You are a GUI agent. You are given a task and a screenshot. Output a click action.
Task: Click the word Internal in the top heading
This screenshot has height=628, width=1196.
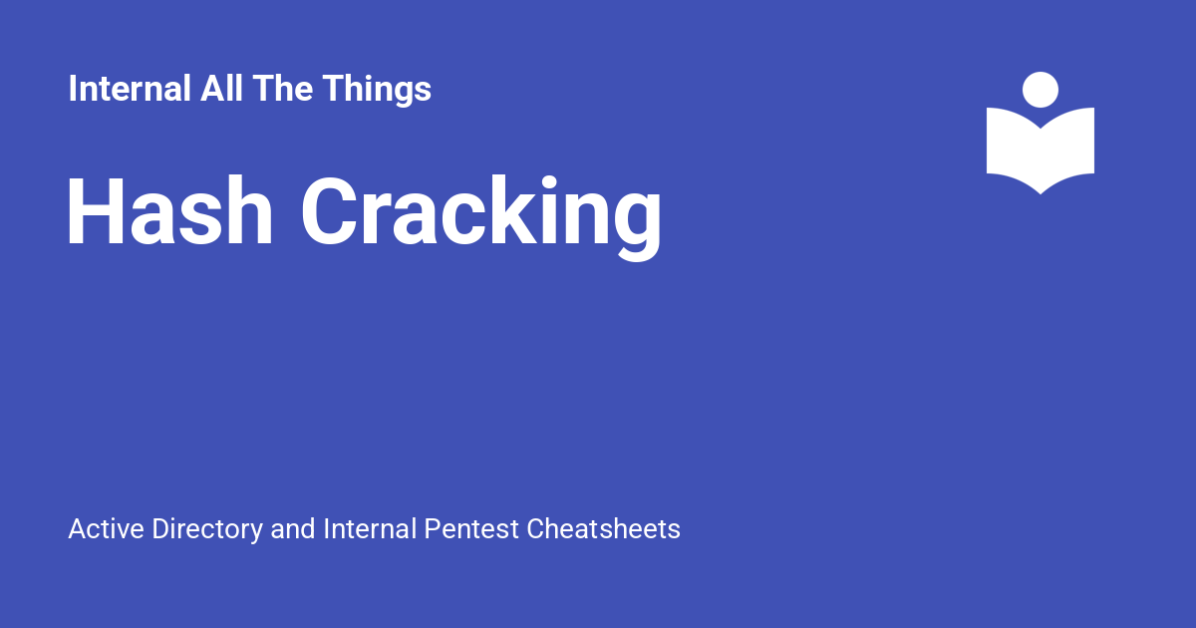tap(130, 88)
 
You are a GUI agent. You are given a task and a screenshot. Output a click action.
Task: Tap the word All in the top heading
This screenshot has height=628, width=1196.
tap(221, 88)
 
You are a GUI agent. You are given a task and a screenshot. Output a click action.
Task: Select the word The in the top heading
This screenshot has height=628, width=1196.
tap(283, 88)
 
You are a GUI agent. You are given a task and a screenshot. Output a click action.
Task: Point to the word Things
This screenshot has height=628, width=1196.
tap(377, 90)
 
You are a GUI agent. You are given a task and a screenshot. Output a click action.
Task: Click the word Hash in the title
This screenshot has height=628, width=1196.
tap(169, 211)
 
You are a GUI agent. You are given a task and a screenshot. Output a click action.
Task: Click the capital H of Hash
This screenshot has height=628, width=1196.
tap(96, 211)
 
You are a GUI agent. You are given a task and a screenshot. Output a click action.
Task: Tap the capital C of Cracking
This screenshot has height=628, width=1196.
tap(329, 211)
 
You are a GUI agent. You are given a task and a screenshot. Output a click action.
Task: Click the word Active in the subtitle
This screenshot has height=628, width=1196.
tap(107, 528)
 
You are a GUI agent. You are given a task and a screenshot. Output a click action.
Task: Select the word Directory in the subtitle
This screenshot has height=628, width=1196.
tap(207, 530)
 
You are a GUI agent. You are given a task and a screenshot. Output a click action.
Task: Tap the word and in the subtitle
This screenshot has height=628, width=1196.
tap(293, 528)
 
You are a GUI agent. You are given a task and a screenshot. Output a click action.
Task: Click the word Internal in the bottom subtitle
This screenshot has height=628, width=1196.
tap(370, 528)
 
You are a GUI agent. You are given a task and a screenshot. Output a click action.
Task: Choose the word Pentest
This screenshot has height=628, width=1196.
tap(471, 528)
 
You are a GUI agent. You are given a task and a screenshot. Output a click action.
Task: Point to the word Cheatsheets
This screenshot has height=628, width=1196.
tap(603, 528)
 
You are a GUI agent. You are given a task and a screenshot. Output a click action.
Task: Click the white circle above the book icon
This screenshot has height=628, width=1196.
tap(1041, 90)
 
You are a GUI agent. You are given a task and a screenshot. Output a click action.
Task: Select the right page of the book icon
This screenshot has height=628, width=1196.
tap(1067, 147)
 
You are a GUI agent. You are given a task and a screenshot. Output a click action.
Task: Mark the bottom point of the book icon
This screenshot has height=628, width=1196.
tap(1041, 193)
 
